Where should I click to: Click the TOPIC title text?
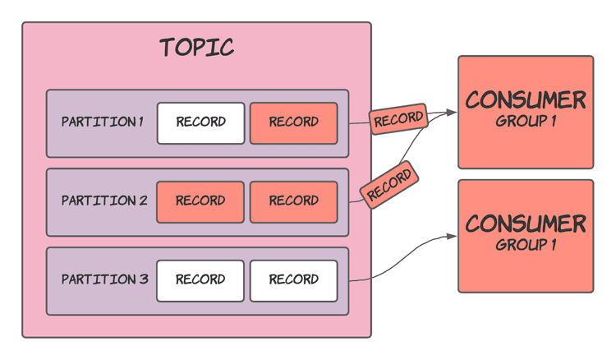pos(197,48)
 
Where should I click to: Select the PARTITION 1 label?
pos(102,122)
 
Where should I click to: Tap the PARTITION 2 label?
pos(103,201)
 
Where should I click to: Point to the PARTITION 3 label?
pos(104,279)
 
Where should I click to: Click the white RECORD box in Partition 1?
pos(200,122)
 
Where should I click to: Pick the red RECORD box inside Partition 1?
pos(293,122)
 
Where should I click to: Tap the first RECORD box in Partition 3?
pos(200,280)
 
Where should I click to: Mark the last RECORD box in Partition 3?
pos(293,280)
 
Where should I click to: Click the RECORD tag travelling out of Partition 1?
pos(398,119)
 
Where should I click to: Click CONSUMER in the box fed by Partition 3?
pos(526,224)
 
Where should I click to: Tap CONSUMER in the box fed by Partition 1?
pos(526,100)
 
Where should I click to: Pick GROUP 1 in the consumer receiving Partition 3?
pos(526,244)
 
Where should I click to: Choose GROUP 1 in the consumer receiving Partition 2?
pos(526,121)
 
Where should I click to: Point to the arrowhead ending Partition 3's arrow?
pos(452,237)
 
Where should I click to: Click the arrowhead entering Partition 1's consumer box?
pos(452,113)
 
